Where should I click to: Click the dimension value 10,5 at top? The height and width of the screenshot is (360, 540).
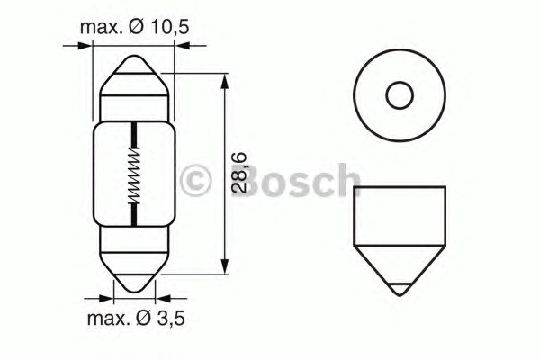(170, 28)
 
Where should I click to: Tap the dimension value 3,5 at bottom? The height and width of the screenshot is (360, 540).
(171, 319)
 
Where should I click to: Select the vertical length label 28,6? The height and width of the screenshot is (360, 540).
(238, 173)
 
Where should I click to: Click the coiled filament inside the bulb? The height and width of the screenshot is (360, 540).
(134, 175)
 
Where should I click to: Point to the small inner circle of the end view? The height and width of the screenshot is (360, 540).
(400, 95)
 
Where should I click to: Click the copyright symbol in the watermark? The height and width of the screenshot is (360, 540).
(195, 180)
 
